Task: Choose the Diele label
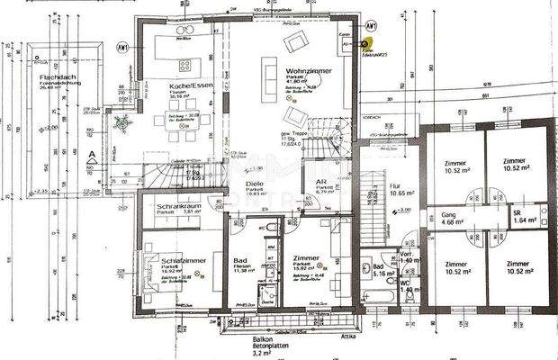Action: click(255, 184)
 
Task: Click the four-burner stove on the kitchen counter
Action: click(185, 65)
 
